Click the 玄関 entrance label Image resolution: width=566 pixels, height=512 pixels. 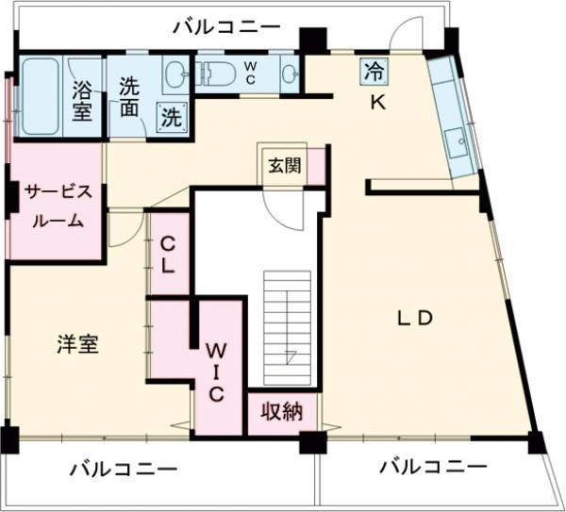(x=284, y=167)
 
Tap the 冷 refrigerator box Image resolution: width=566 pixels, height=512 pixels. (x=375, y=70)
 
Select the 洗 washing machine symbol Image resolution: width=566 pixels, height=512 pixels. (x=171, y=116)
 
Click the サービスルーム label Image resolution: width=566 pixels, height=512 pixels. (x=58, y=207)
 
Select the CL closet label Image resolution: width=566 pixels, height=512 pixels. (x=168, y=253)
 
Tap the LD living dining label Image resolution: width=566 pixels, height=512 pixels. (x=413, y=318)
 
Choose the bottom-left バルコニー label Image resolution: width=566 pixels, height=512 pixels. (x=124, y=469)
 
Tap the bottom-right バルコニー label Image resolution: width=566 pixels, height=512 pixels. (x=433, y=467)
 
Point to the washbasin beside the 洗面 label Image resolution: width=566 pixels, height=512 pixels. (x=176, y=73)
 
